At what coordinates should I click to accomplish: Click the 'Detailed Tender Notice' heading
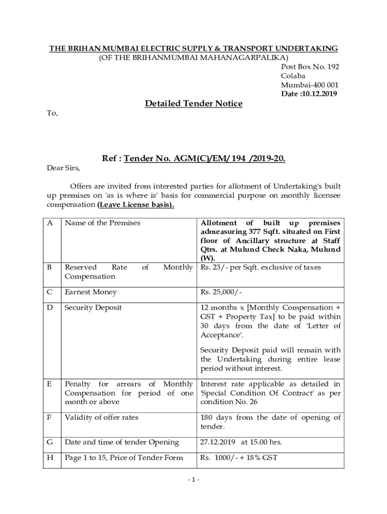[x=193, y=103]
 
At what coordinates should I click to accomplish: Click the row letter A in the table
[x=50, y=223]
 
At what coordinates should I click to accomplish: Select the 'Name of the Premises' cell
[x=102, y=223]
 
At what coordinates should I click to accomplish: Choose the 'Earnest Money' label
[x=90, y=292]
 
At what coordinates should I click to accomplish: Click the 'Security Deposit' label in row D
[x=93, y=307]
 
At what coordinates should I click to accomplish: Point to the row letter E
[x=49, y=384]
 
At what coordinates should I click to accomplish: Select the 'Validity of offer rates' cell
[x=101, y=418]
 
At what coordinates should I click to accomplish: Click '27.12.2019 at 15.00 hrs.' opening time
[x=241, y=442]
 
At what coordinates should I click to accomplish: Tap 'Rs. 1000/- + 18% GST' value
[x=239, y=458]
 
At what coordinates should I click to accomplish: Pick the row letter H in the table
[x=50, y=458]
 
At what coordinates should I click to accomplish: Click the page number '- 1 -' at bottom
[x=193, y=479]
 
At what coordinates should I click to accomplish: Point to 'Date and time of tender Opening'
[x=122, y=442]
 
